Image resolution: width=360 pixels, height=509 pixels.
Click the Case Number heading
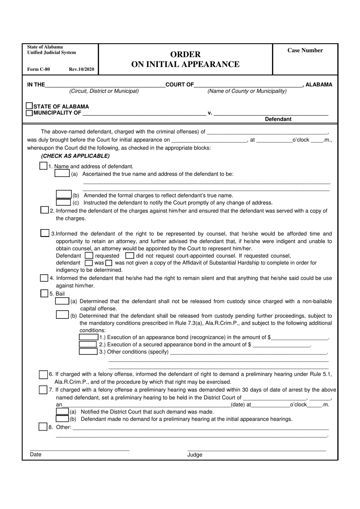305,50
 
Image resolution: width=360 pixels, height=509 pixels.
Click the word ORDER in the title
185,54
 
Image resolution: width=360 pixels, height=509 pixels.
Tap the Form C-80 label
38,69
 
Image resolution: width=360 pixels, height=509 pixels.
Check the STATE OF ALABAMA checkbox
30,106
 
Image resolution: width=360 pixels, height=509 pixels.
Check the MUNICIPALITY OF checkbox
29,113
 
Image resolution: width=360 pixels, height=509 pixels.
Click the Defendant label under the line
278,119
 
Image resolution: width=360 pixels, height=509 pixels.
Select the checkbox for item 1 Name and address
44,166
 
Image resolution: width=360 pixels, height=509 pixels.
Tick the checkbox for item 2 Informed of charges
45,210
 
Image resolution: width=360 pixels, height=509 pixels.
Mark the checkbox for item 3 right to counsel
45,233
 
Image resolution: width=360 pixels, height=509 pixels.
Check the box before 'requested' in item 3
89,256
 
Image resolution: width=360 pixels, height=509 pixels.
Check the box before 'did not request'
130,256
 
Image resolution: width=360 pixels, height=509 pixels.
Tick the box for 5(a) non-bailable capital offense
62,301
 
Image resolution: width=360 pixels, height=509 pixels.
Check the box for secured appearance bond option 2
88,344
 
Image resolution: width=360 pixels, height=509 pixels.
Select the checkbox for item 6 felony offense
43,374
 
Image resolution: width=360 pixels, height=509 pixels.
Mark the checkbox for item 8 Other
43,427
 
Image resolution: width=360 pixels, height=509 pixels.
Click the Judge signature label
195,455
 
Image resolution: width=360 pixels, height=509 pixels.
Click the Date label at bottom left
36,454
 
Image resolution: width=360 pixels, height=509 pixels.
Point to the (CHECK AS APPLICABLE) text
75,156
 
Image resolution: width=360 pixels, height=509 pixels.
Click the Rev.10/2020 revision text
81,69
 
